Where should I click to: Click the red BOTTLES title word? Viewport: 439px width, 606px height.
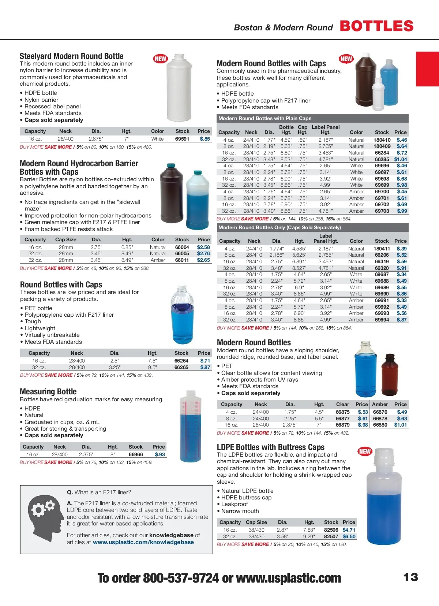[x=377, y=26]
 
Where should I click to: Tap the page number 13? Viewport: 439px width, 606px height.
[x=410, y=577]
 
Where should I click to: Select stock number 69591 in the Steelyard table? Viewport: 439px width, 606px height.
[x=182, y=139]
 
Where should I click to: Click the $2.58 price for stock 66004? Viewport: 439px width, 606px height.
[x=203, y=247]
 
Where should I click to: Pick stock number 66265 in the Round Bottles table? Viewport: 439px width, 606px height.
[x=181, y=367]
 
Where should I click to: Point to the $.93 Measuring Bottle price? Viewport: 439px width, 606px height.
[x=160, y=454]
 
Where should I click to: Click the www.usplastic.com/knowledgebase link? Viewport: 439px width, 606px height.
[x=143, y=542]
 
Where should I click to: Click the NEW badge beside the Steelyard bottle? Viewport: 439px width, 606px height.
[x=160, y=59]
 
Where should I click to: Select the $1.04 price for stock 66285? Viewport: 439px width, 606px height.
[x=401, y=159]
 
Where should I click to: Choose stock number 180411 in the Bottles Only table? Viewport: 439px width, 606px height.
[x=382, y=249]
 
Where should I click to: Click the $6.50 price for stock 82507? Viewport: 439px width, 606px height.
[x=349, y=536]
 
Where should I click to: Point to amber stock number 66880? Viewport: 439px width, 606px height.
[x=380, y=425]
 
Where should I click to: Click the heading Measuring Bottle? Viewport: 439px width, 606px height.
[x=48, y=391]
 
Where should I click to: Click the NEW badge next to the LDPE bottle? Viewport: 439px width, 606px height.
[x=365, y=451]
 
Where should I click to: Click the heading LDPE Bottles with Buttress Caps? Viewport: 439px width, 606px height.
[x=271, y=447]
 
